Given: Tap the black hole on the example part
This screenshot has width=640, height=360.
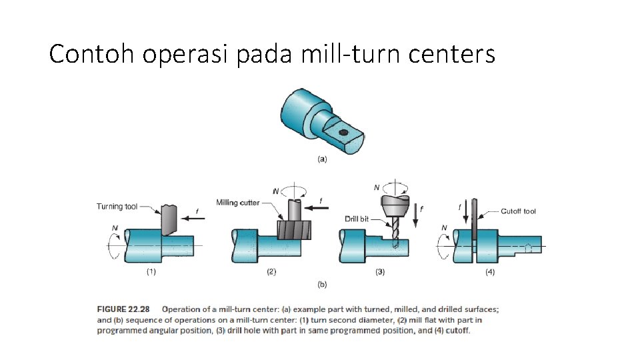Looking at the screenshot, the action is (343, 133).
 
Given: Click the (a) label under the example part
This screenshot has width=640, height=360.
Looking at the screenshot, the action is (322, 159).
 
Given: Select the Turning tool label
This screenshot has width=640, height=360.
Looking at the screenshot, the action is (117, 207).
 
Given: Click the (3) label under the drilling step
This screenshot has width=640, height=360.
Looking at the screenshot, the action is (379, 271).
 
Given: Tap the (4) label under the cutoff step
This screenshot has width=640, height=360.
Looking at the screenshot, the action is (490, 271).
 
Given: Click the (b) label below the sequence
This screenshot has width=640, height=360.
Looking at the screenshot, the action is (322, 285).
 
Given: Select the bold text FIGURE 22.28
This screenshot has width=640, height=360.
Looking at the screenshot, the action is (123, 309).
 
